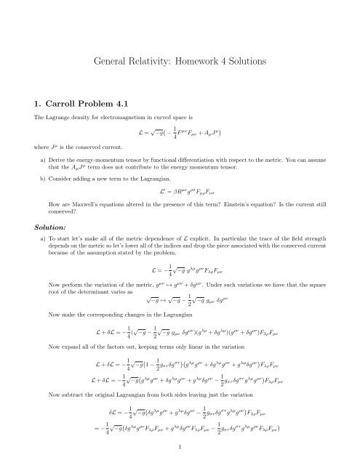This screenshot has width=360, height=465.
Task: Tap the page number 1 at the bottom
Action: [180, 450]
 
